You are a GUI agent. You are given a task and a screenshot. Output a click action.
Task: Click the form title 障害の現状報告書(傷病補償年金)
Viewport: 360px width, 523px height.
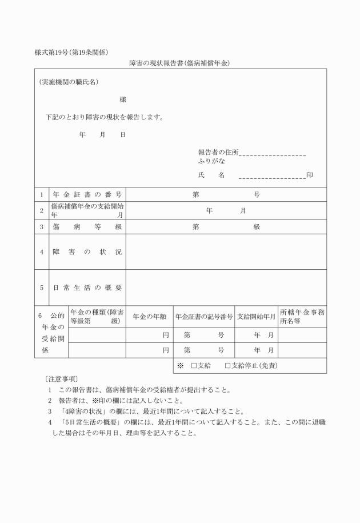click(179, 63)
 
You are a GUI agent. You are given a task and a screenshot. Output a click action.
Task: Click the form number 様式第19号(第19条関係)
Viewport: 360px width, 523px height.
click(71, 53)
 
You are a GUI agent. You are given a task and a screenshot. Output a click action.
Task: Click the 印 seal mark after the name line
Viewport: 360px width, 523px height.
click(309, 175)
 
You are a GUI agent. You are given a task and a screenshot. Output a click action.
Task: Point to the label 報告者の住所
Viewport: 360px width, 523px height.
click(218, 153)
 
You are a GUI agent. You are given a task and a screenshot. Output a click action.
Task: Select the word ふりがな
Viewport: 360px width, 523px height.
click(211, 162)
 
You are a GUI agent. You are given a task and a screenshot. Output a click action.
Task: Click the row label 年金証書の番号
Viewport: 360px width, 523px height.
click(87, 195)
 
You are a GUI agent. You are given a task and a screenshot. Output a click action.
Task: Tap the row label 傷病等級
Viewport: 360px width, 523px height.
click(87, 227)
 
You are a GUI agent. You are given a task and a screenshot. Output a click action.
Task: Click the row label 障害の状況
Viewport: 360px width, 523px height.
click(87, 251)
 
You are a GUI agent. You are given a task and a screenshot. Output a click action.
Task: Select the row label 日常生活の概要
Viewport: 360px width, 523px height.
click(87, 288)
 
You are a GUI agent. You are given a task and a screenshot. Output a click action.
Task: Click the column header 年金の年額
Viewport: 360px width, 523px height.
click(149, 317)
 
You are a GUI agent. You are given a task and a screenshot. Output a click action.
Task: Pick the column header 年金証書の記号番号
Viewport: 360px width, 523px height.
click(204, 317)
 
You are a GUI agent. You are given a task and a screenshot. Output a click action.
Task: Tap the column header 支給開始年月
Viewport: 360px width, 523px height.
click(257, 317)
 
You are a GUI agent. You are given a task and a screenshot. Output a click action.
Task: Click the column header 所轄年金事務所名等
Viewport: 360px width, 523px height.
click(302, 317)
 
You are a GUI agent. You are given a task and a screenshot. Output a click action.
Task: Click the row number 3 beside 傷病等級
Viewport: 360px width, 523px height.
click(42, 227)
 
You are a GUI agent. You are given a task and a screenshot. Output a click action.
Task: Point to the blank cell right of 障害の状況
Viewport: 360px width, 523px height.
click(226, 251)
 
